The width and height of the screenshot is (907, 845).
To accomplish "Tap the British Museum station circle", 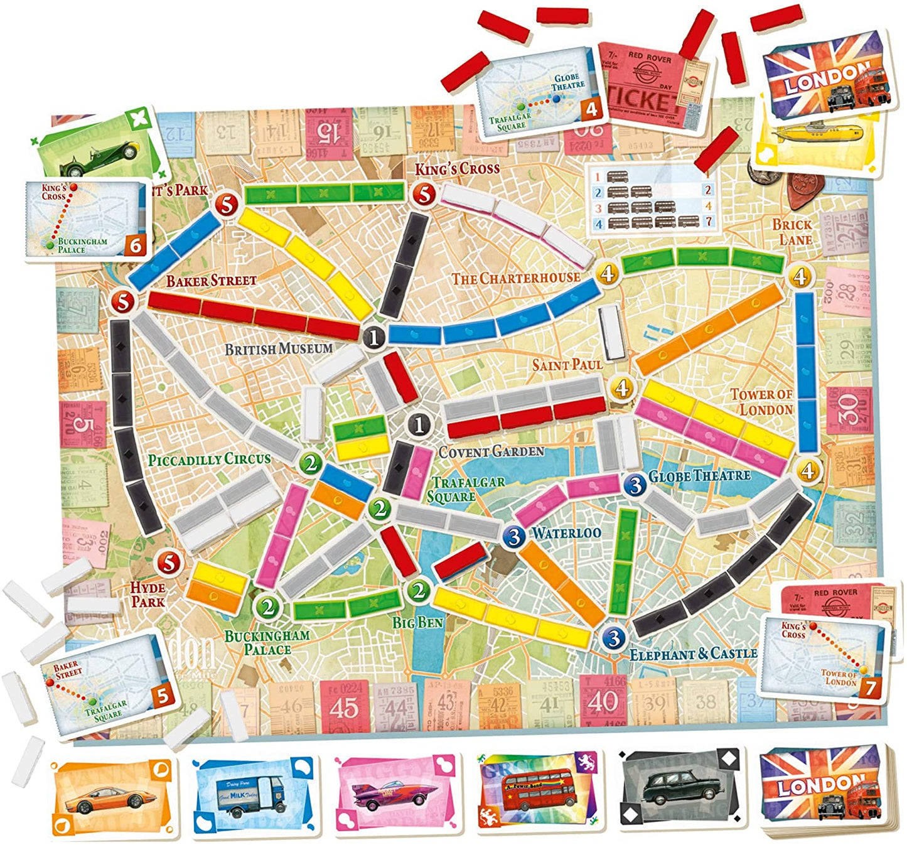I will coord(375,338).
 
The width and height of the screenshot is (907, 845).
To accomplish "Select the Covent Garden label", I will coord(491,451).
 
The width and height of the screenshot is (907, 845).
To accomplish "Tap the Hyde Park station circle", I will coord(168,562).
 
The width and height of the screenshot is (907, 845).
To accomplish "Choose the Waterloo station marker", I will coord(515,536).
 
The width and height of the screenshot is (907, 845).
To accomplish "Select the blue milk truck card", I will coord(254,796).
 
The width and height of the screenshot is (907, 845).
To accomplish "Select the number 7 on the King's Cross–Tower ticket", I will coord(870,687).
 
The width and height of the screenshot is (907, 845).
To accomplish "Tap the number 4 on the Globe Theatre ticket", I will coord(591,109).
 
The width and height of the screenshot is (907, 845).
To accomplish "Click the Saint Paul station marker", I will coord(621,388).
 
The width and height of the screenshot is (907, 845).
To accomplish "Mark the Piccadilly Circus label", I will coord(209,460).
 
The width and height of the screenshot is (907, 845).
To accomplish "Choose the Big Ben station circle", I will coord(418,590).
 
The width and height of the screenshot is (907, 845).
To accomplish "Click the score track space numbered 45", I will coord(344,708).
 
